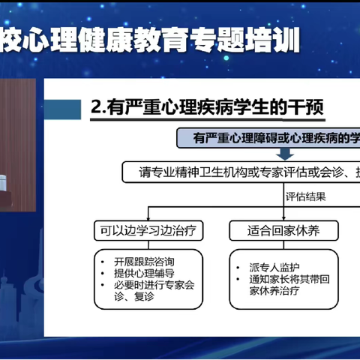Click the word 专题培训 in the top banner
254,40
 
